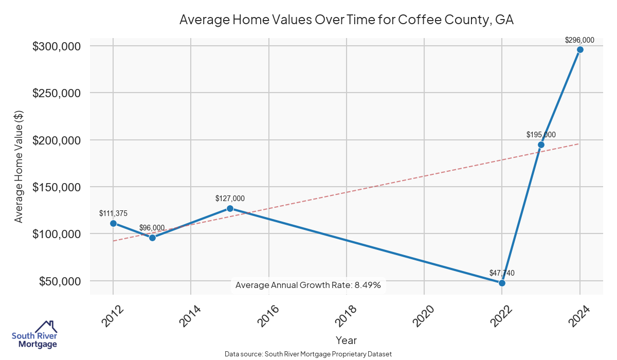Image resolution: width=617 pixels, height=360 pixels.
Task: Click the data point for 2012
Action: pyautogui.click(x=113, y=223)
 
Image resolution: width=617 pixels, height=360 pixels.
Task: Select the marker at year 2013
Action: pyautogui.click(x=152, y=238)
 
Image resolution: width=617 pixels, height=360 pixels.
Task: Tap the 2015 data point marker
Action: pyautogui.click(x=230, y=208)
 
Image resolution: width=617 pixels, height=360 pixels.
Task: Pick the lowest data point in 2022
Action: pyautogui.click(x=502, y=283)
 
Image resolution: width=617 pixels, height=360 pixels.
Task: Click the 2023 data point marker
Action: pyautogui.click(x=541, y=145)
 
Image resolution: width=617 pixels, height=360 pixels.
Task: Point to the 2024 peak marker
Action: pyautogui.click(x=580, y=49)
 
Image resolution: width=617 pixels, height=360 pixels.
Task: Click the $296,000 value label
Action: pyautogui.click(x=579, y=40)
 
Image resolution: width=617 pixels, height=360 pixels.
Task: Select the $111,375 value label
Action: pyautogui.click(x=113, y=213)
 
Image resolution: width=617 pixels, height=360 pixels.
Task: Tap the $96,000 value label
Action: pyautogui.click(x=152, y=228)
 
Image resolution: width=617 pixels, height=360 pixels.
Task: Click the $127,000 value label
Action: pyautogui.click(x=230, y=199)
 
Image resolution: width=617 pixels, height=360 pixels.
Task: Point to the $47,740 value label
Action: pyautogui.click(x=502, y=273)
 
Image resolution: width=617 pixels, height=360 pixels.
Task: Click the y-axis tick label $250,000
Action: pyautogui.click(x=57, y=93)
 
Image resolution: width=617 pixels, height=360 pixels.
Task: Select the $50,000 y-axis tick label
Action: pyautogui.click(x=60, y=281)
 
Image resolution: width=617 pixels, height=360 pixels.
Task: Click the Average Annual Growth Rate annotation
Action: pyautogui.click(x=308, y=285)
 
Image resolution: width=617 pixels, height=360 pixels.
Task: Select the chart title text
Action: pyautogui.click(x=347, y=20)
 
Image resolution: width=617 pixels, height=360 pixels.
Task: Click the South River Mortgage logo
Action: pyautogui.click(x=34, y=335)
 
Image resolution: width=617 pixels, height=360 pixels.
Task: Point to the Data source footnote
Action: pyautogui.click(x=308, y=354)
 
